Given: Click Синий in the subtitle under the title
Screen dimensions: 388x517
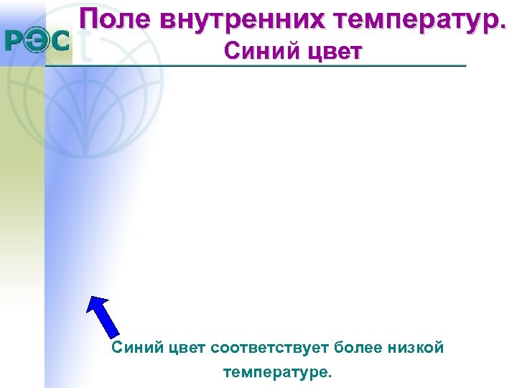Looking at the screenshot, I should tap(254, 52).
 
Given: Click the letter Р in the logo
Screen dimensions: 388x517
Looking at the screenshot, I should tap(18, 42).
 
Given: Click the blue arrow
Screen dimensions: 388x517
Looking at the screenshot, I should tap(103, 316).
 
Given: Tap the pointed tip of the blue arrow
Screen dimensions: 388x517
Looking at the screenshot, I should tap(90, 297).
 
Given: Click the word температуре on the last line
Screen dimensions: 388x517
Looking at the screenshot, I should tap(278, 373).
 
